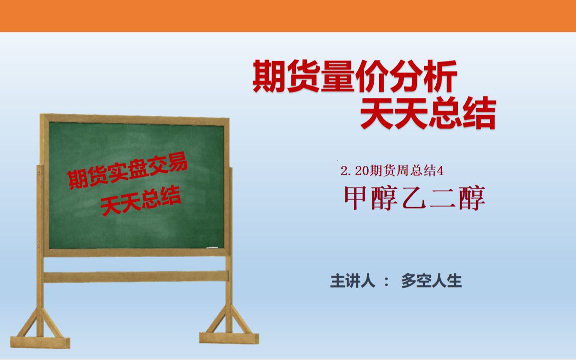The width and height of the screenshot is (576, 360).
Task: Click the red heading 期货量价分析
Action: pos(355,76)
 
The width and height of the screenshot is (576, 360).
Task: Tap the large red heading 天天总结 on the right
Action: pos(428,114)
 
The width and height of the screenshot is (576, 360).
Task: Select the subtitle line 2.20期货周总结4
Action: pos(392,171)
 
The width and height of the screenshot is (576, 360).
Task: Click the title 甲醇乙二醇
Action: pos(415,199)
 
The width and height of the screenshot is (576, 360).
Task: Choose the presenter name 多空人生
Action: pos(431,281)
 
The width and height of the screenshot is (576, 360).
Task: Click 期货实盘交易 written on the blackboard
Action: pos(127,173)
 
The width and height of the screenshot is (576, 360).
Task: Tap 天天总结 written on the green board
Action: pos(141,200)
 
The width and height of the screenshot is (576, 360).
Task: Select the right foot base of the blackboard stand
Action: pos(229,337)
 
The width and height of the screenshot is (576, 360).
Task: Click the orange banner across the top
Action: pos(288,16)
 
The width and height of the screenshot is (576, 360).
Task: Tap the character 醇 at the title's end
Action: pos(472,199)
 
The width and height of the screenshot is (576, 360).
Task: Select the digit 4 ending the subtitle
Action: pos(441,171)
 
